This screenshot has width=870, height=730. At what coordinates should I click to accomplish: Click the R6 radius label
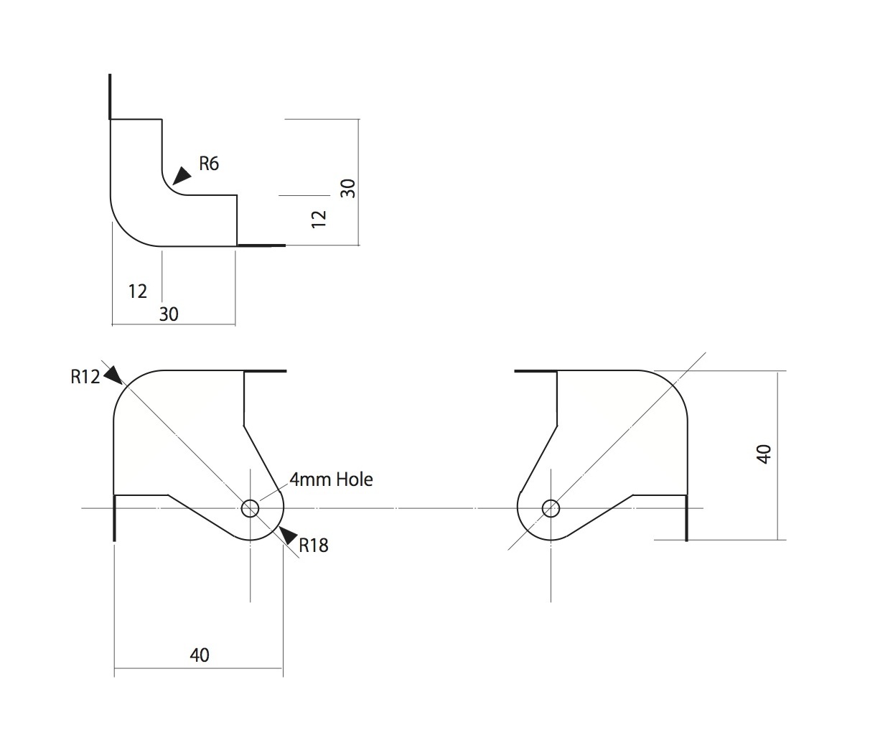tap(208, 164)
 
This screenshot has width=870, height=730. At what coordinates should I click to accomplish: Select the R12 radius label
tap(85, 377)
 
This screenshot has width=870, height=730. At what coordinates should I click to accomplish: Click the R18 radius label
tap(313, 546)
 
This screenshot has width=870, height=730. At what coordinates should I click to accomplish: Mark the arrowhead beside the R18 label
tap(288, 535)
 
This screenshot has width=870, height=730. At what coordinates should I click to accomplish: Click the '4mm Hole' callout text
tap(331, 479)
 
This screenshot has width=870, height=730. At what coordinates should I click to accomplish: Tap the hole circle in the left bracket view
tap(250, 508)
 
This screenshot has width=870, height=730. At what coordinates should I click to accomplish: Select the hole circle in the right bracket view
tap(551, 508)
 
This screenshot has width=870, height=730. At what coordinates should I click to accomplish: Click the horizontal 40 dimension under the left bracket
tap(200, 655)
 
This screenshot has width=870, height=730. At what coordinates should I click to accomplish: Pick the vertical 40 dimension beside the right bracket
tap(764, 454)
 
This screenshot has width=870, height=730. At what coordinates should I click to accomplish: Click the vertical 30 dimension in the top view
tap(347, 189)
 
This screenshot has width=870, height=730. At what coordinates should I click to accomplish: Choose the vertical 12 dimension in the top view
tap(320, 218)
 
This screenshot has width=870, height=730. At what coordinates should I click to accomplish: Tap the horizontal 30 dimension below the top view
tap(169, 314)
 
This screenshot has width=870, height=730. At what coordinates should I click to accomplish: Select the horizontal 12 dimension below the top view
tap(137, 291)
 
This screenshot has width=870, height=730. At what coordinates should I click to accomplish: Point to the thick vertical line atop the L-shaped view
tap(109, 96)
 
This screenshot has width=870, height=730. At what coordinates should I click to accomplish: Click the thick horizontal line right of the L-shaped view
tap(261, 245)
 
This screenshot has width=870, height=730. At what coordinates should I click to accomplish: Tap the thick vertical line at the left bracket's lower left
tap(114, 518)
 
